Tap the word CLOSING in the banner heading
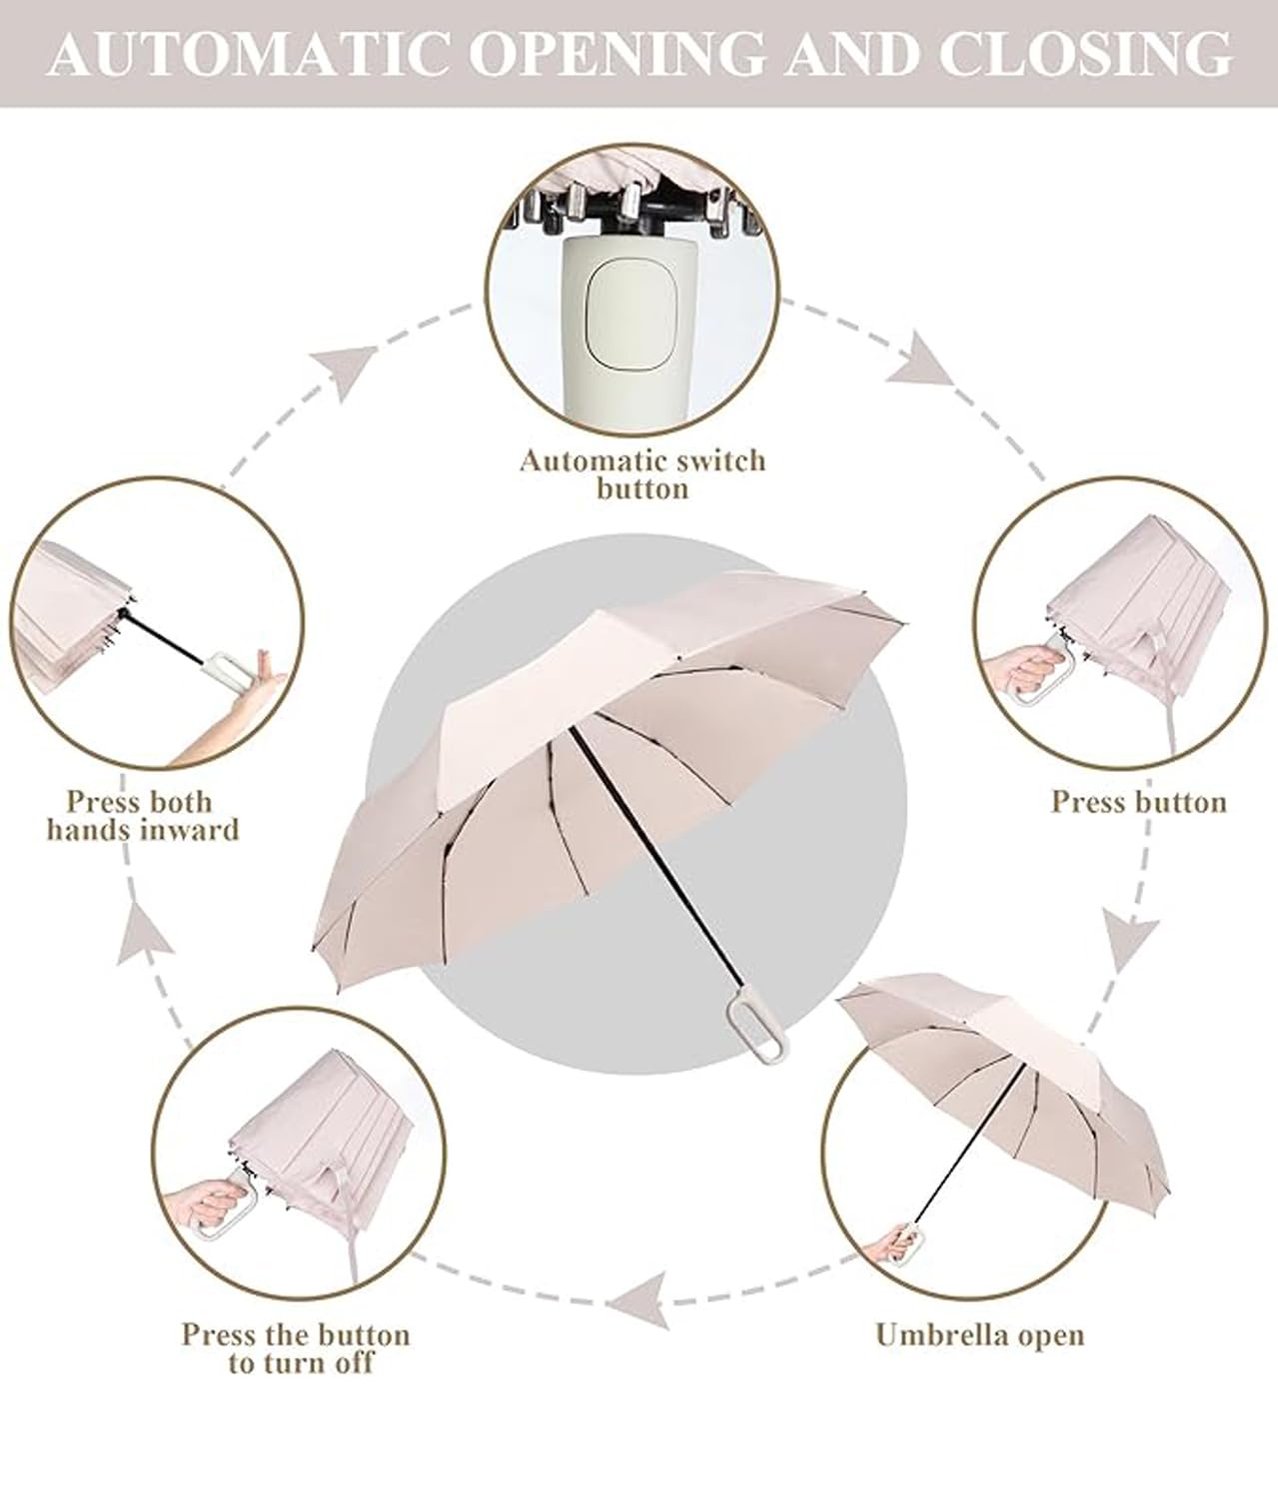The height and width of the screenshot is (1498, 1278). [x=1086, y=54]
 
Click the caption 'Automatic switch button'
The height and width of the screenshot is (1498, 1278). [x=642, y=474]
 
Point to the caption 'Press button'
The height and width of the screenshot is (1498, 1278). [x=1139, y=802]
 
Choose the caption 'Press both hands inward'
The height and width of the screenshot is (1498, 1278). [x=143, y=816]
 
